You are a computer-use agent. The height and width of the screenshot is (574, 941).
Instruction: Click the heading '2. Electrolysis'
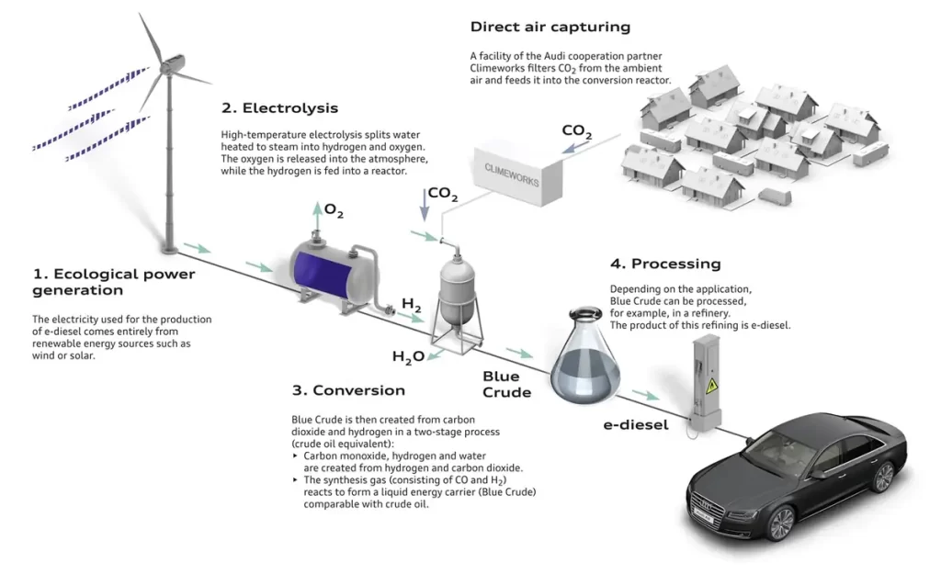point(279,108)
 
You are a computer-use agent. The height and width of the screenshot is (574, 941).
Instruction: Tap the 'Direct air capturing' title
point(550,28)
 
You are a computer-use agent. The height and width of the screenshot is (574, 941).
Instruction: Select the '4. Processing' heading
point(665,264)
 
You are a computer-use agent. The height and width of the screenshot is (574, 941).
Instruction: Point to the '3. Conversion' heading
point(348,389)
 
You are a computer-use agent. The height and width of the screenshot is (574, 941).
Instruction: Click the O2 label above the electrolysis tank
point(334,212)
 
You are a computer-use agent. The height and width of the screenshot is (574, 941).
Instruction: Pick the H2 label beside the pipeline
point(412,303)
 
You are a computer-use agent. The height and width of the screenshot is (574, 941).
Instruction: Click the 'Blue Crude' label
point(506,384)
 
